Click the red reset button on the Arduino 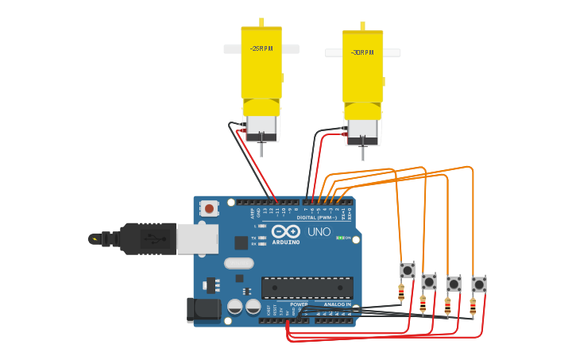tap(209, 208)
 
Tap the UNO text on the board tap(319, 232)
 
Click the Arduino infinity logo tap(285, 231)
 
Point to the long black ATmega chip tap(307, 288)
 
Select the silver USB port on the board tap(196, 238)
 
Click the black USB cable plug tap(147, 238)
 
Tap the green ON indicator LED tap(340, 238)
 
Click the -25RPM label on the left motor tap(261, 48)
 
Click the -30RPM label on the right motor tap(362, 53)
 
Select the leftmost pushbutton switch tap(408, 270)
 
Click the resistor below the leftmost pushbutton tap(401, 292)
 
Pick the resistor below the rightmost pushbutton tap(473, 305)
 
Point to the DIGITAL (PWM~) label tap(316, 217)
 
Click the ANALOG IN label tap(337, 304)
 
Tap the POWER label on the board tap(299, 304)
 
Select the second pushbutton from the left tap(429, 282)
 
